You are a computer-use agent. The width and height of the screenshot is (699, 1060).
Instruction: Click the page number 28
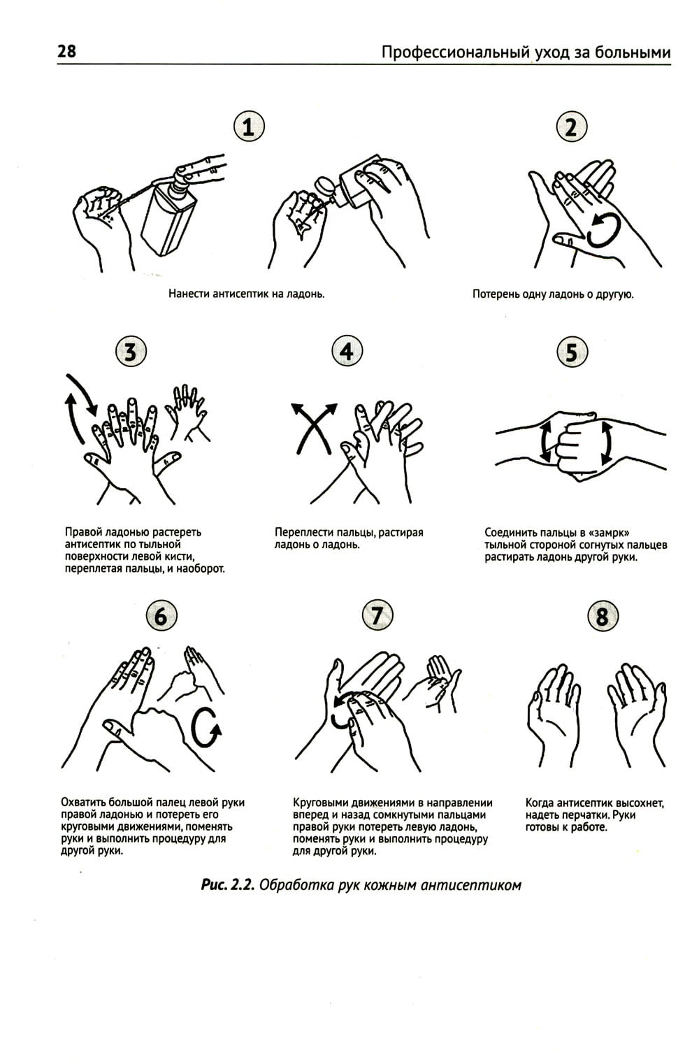coord(66,50)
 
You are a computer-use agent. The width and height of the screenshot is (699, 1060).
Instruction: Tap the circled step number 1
coord(250,127)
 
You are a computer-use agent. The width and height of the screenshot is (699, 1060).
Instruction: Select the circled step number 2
coord(571,127)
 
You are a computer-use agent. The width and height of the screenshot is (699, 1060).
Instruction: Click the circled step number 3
coord(131,352)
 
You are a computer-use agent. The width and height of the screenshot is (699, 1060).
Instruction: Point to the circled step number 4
coord(347,352)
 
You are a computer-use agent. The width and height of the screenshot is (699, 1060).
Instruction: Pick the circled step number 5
coord(571,352)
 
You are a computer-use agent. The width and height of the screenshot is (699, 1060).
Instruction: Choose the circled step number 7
coord(377,615)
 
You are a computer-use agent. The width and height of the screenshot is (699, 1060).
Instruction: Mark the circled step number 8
coord(603,616)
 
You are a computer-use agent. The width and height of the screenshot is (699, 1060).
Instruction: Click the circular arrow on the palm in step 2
coord(604,230)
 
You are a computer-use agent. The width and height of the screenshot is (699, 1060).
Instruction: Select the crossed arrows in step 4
coord(314,428)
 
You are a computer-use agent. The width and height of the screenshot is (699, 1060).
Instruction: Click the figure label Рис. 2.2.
coord(228,884)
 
